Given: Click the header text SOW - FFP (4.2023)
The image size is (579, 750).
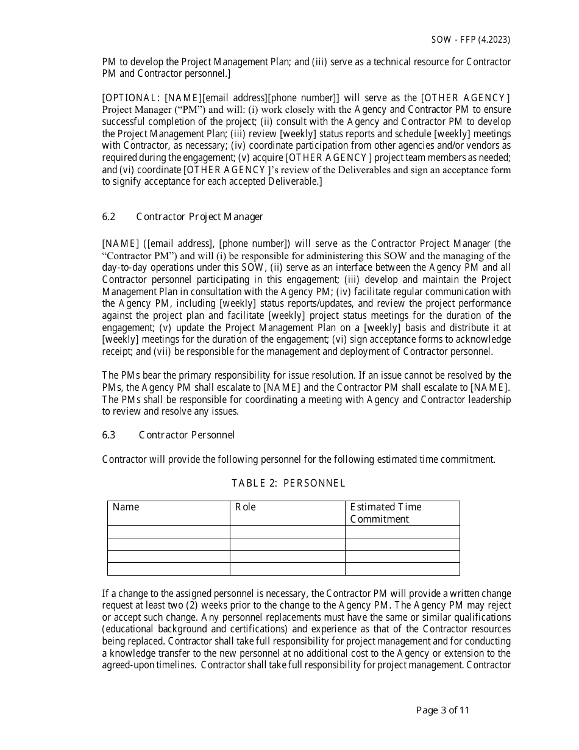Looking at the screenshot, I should pyautogui.click(x=471, y=40).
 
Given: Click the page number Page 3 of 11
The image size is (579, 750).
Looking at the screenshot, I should pyautogui.click(x=442, y=710).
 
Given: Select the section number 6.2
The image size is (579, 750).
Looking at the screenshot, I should pyautogui.click(x=108, y=216).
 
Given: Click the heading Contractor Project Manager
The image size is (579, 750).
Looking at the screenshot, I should pyautogui.click(x=199, y=216).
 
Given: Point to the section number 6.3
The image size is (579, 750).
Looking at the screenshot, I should pyautogui.click(x=108, y=435).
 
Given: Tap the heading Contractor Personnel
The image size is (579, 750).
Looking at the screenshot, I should pyautogui.click(x=186, y=435).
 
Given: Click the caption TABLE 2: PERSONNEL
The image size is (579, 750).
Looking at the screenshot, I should pyautogui.click(x=288, y=483).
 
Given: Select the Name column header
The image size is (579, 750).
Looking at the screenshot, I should pyautogui.click(x=126, y=507).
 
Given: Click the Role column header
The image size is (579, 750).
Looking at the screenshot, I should pyautogui.click(x=246, y=507).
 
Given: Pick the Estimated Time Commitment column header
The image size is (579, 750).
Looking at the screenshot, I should pyautogui.click(x=385, y=513).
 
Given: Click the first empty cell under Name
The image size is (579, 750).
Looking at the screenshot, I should pyautogui.click(x=168, y=532).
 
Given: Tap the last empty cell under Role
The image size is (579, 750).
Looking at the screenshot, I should pyautogui.click(x=287, y=569).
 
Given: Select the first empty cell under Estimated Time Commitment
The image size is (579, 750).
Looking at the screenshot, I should pyautogui.click(x=402, y=532).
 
